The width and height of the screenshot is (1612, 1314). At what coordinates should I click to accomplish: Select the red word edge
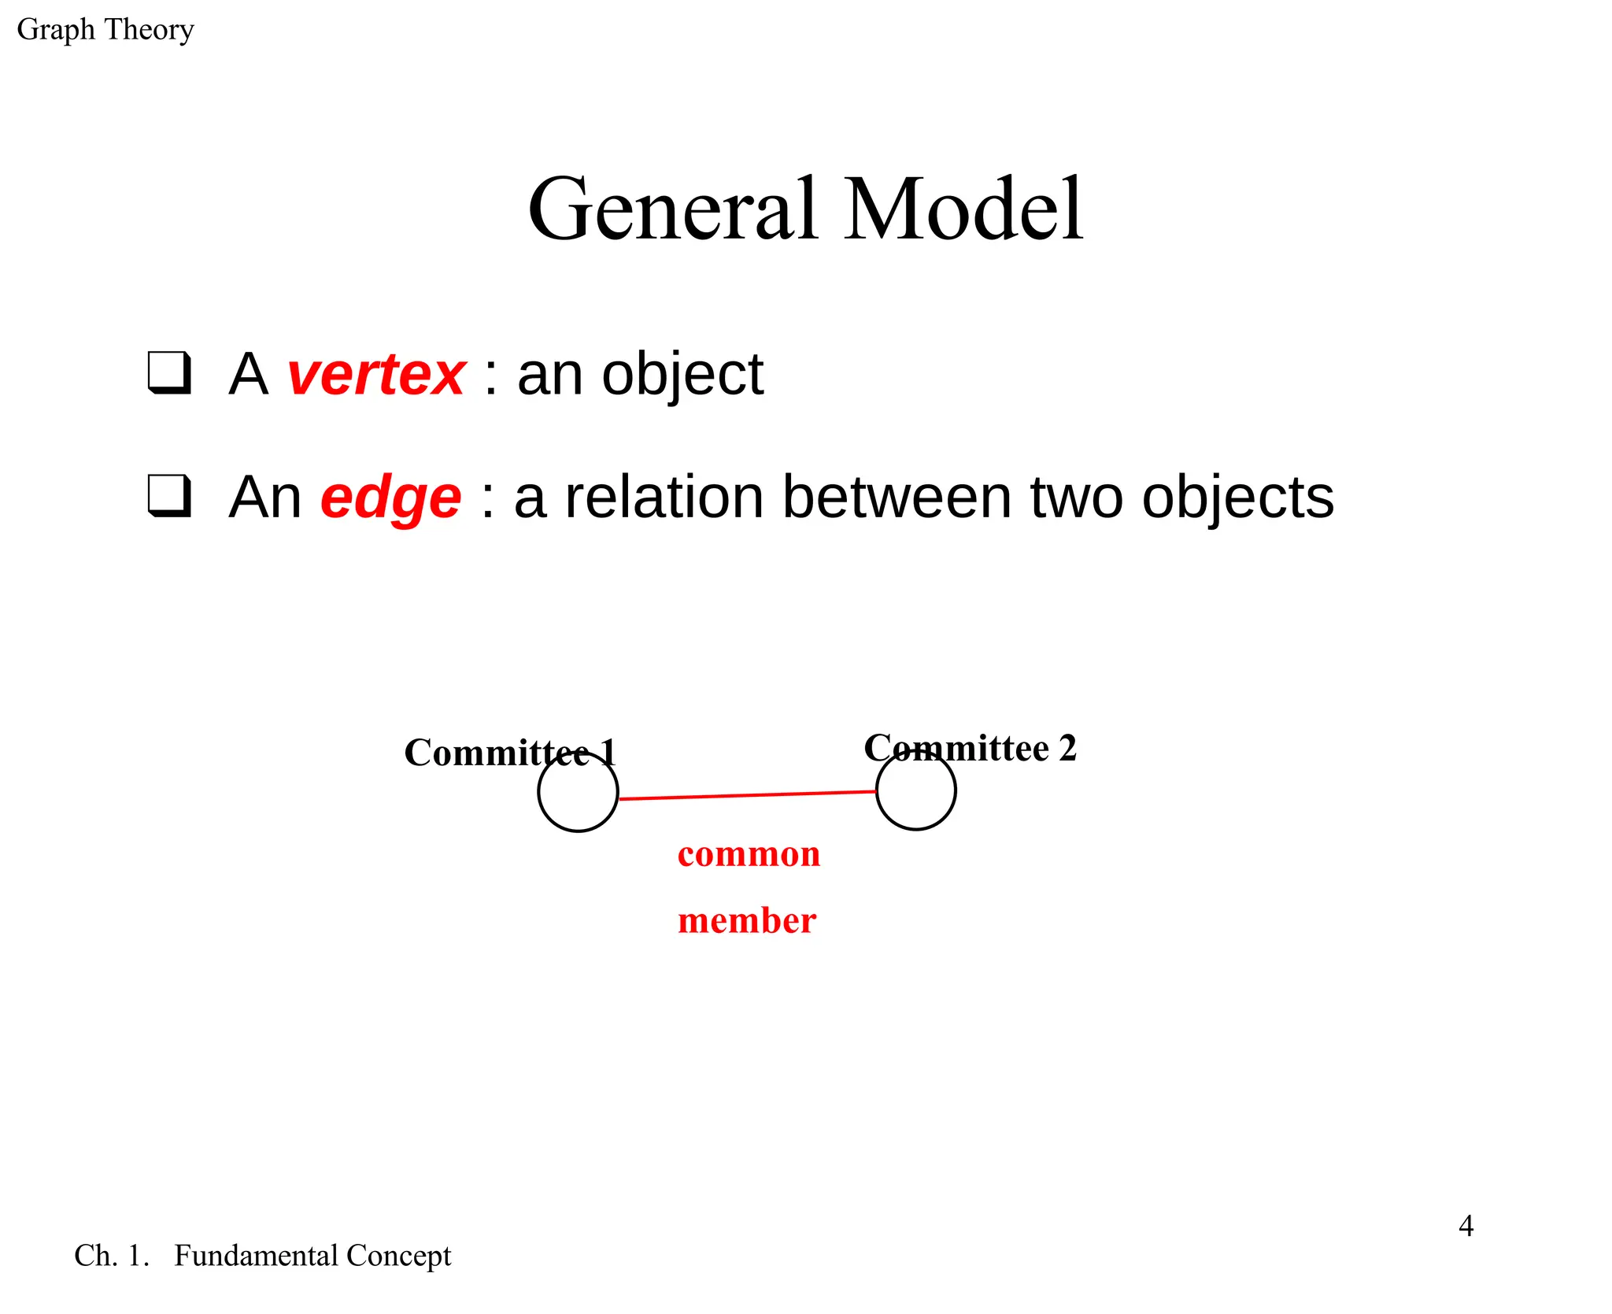coord(390,498)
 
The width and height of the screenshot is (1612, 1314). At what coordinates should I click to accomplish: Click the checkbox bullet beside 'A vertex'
coord(169,372)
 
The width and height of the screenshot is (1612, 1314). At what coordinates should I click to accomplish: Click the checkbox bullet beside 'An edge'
coord(169,496)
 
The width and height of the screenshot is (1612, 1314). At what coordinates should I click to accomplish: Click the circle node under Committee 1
coord(578,793)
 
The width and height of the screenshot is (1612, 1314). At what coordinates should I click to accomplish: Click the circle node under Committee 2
coord(915,790)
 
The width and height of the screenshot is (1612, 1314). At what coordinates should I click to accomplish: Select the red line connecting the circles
coord(748,795)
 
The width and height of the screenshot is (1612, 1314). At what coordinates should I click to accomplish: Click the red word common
coord(749,854)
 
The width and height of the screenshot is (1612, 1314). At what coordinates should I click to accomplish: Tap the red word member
coord(746,920)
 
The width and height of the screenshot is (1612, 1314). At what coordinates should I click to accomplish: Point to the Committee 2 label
coord(970,748)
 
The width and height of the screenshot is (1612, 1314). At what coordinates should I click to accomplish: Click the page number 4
coord(1465,1226)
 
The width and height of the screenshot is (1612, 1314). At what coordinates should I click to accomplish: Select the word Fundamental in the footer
coord(258,1256)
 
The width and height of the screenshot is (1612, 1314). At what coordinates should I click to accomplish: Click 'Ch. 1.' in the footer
coord(111,1256)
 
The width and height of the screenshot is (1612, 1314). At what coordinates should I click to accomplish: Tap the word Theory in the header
coord(149,30)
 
